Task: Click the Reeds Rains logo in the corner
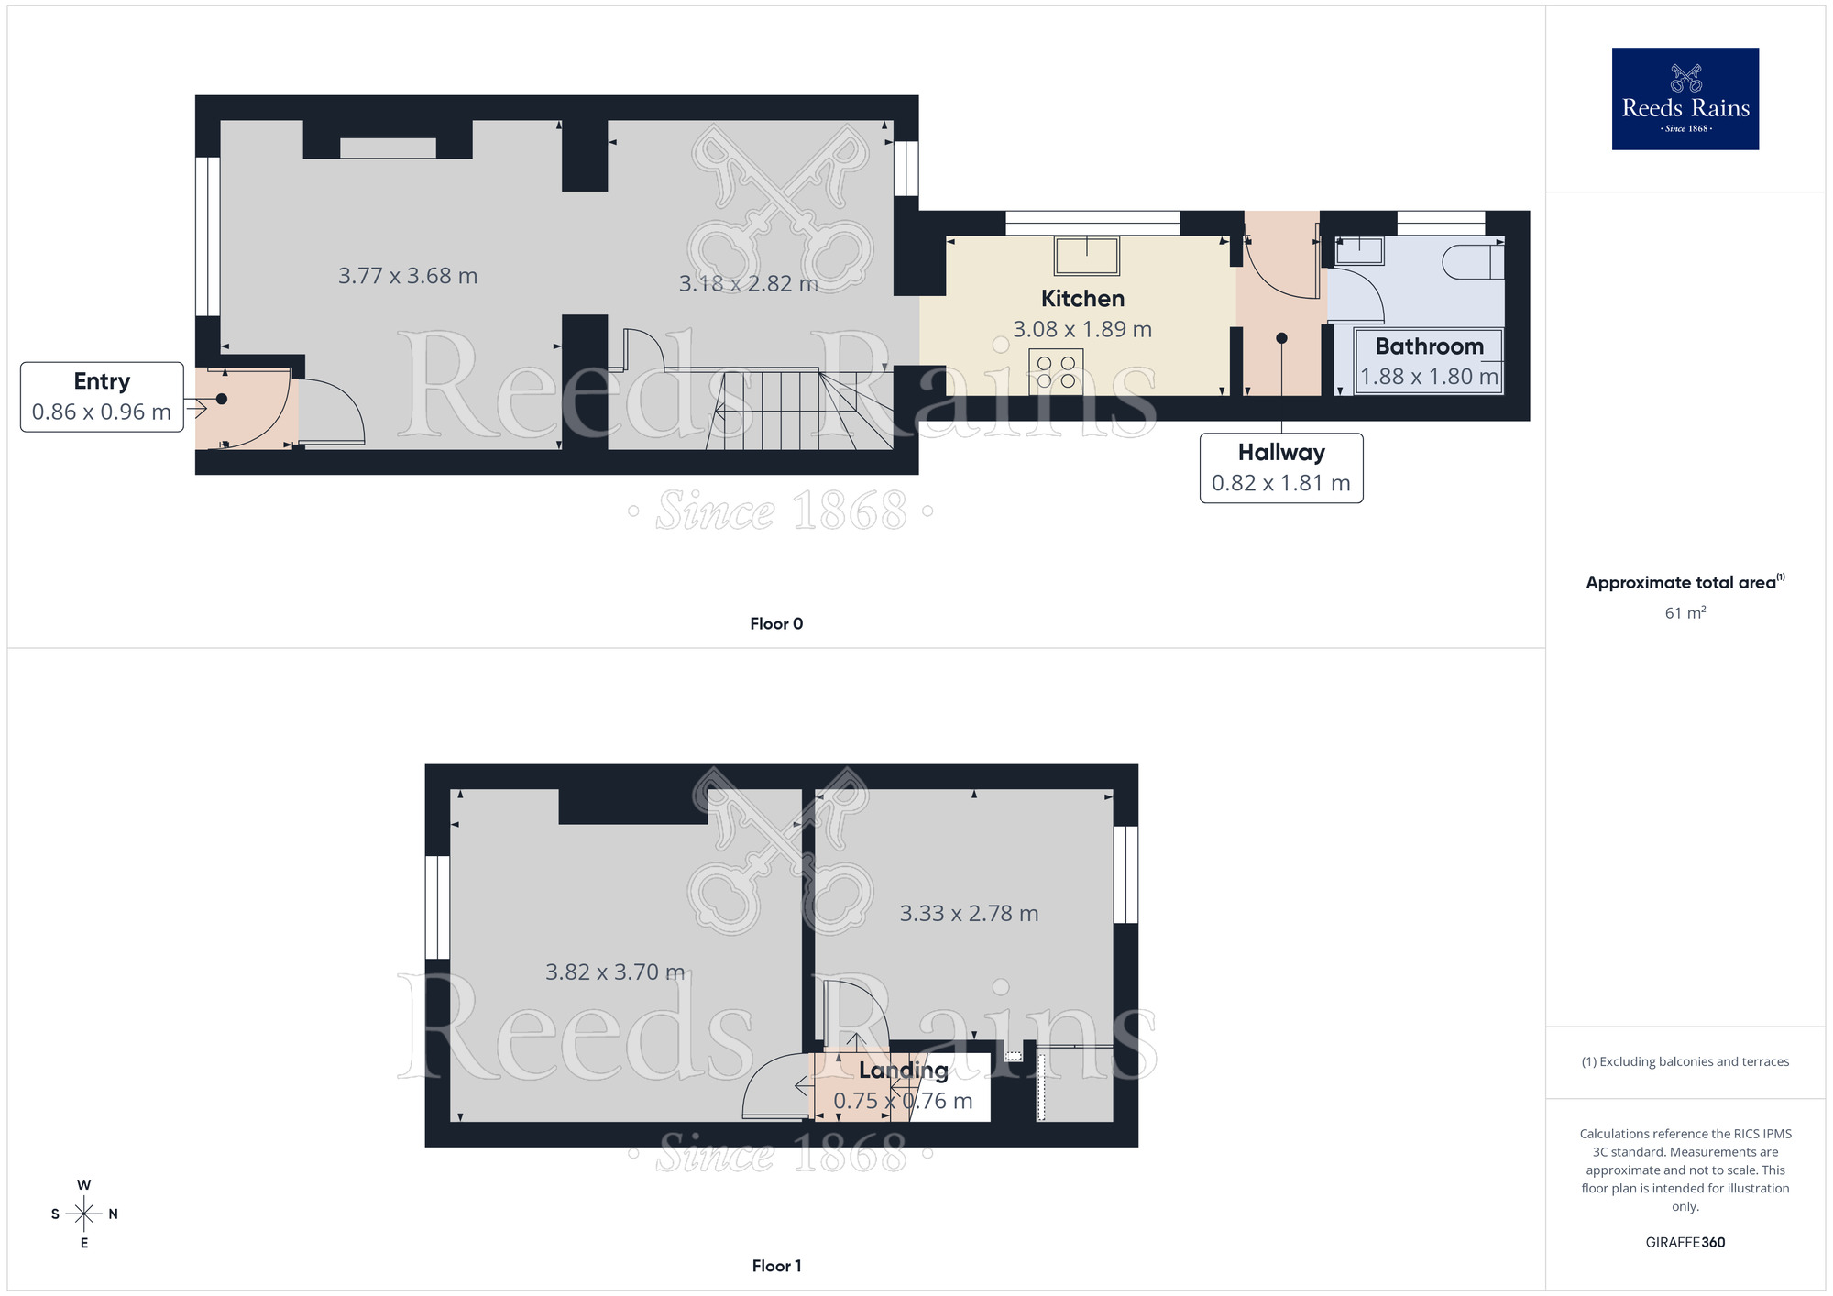click(1685, 99)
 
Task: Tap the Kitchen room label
click(1082, 299)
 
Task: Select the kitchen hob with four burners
click(1056, 371)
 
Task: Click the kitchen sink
click(1087, 255)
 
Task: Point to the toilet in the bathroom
click(1472, 262)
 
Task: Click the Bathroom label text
click(1429, 346)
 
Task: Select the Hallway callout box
click(1280, 467)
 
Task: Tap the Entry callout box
click(102, 397)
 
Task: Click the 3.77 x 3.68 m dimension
click(408, 276)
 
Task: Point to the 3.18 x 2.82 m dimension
click(748, 284)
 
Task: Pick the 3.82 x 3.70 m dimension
click(615, 972)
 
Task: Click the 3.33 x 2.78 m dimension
click(969, 914)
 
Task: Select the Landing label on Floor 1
click(903, 1071)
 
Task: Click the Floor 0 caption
click(776, 624)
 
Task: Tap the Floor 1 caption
click(776, 1266)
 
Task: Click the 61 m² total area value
click(1685, 613)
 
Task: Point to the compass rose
click(84, 1214)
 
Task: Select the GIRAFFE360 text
click(1685, 1243)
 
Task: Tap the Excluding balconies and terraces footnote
click(1685, 1062)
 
